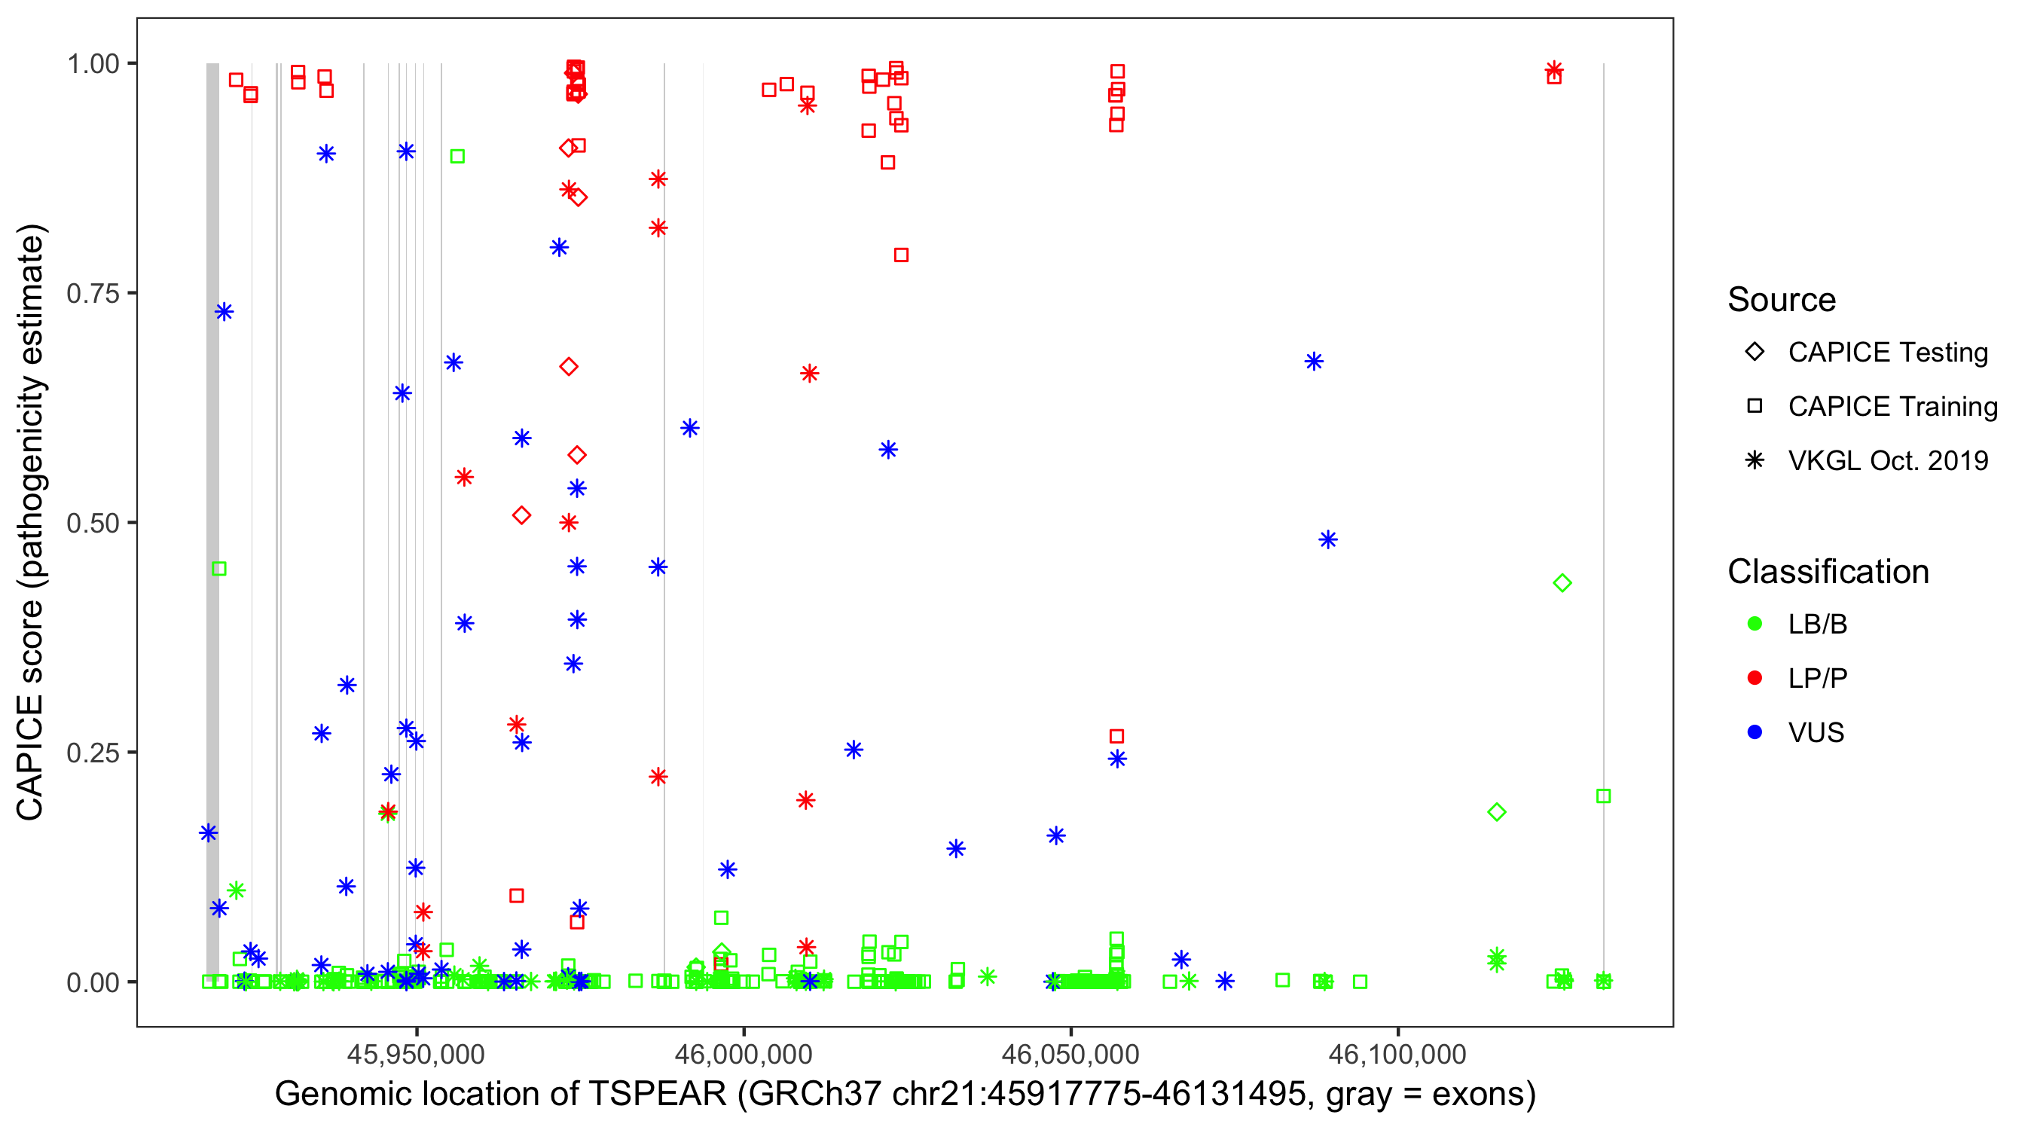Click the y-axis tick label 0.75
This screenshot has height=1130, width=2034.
[x=92, y=294]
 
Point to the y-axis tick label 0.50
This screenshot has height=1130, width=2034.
[x=92, y=523]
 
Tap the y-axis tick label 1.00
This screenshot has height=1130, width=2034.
[x=92, y=64]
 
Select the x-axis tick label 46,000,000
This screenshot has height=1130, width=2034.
[x=743, y=1053]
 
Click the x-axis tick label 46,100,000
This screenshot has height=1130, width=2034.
[x=1397, y=1053]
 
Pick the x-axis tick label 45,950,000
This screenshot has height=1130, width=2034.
[x=416, y=1053]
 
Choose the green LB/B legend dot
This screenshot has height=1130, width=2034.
[x=1755, y=624]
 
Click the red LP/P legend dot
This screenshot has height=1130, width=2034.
[x=1755, y=678]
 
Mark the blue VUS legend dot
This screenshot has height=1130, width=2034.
[x=1755, y=732]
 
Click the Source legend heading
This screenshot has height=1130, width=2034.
[x=1782, y=300]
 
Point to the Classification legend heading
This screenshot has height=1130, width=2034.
[x=1828, y=572]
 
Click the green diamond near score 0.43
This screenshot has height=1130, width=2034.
[x=1562, y=584]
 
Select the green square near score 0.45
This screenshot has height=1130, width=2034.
[x=219, y=569]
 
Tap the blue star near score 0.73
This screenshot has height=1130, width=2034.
[x=224, y=312]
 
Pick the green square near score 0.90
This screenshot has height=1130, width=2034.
[x=457, y=157]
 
